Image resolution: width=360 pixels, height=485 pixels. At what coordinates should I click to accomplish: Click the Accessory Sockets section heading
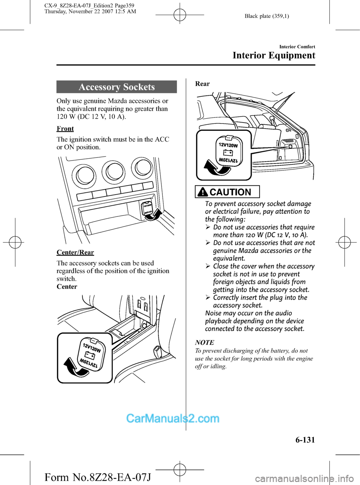pos(117,87)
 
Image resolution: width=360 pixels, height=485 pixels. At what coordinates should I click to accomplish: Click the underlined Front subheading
pos(65,129)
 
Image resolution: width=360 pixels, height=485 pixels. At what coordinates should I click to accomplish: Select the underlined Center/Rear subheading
pos(75,252)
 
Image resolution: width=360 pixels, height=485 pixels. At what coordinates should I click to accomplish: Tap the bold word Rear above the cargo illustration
pos(202,84)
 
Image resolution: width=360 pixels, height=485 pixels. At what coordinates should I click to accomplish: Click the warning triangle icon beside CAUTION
pos(202,192)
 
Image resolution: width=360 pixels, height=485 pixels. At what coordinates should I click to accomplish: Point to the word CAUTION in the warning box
pos(230,192)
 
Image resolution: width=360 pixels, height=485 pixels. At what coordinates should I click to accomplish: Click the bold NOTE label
pos(205,342)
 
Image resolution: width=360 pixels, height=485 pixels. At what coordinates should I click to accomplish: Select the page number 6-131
pos(305,440)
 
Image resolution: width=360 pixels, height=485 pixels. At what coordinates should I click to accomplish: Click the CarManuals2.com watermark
pos(173,419)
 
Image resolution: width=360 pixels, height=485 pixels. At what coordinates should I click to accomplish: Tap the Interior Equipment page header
pos(274,56)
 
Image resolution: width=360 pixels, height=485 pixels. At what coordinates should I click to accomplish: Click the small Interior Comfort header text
pos(297,47)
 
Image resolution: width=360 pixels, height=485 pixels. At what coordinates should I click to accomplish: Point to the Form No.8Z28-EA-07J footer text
pos(98,477)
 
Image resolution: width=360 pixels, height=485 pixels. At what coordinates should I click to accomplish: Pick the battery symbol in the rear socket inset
pos(228,152)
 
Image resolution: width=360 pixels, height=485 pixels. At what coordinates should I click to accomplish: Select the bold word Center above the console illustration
pos(67,287)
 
